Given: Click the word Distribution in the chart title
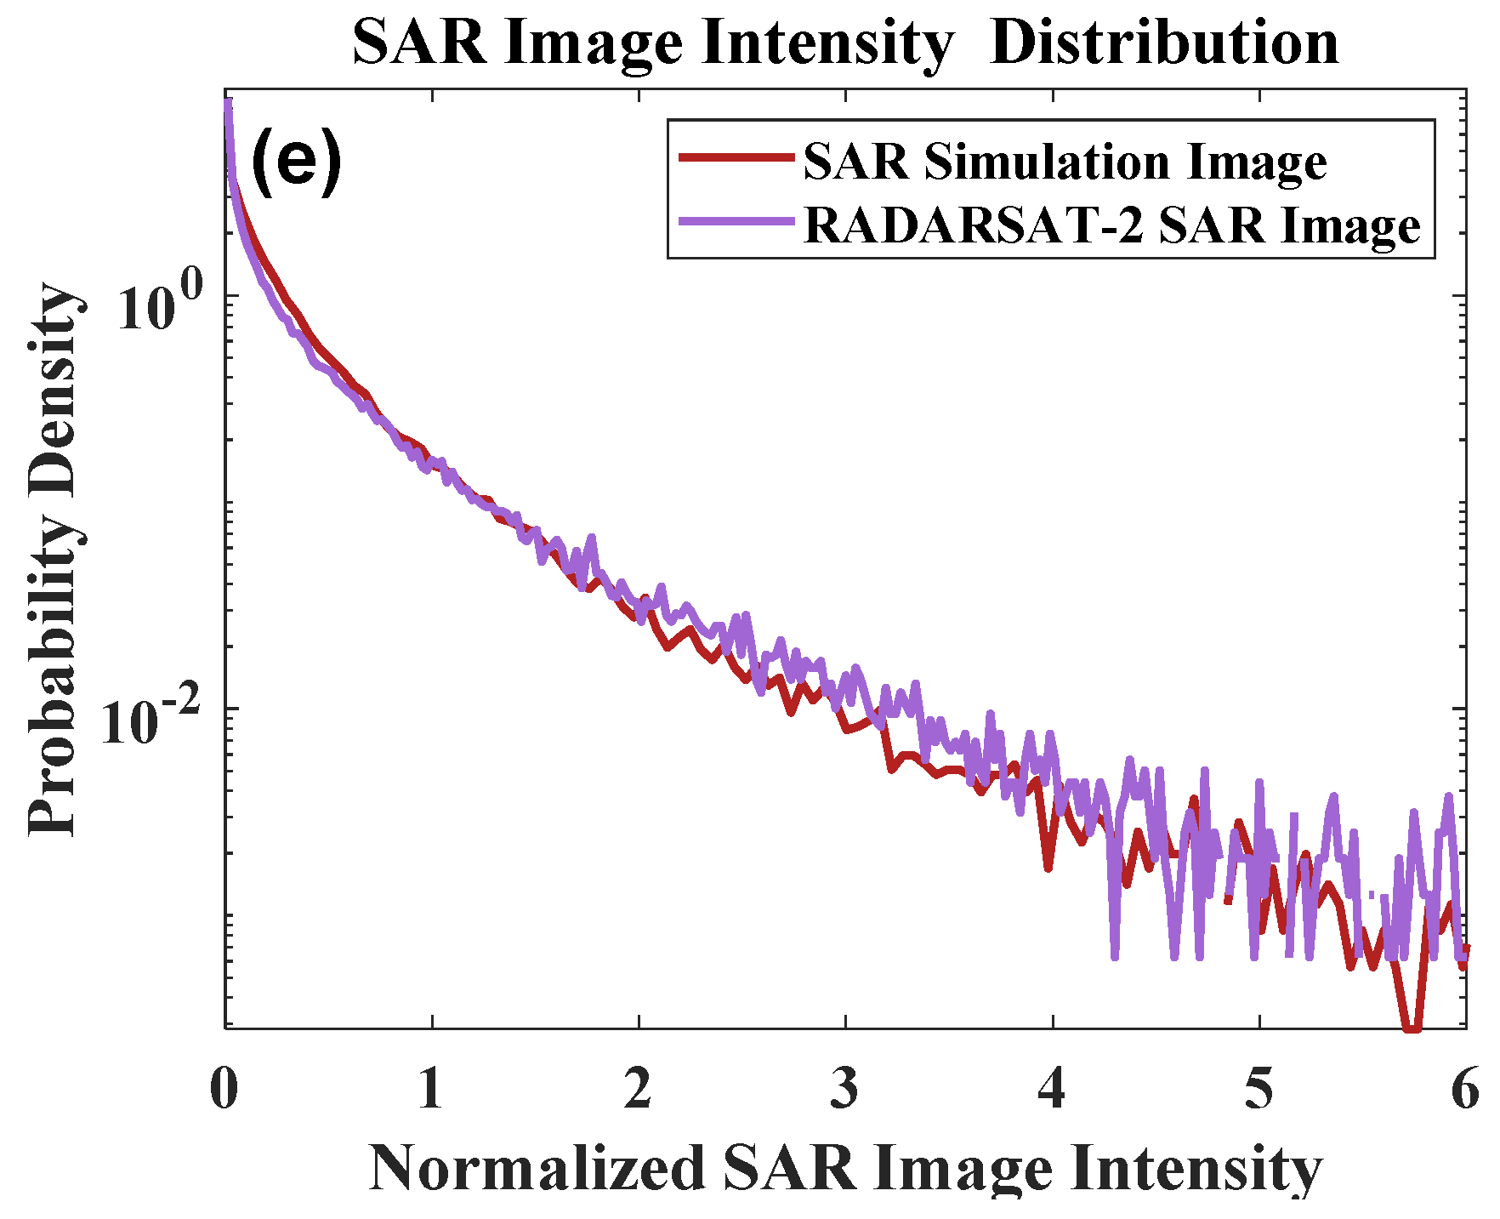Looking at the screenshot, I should [x=1164, y=43].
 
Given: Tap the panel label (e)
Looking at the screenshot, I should [x=297, y=162].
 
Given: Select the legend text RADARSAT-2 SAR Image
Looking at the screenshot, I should [x=1111, y=225].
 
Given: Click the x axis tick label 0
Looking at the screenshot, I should [x=224, y=1089].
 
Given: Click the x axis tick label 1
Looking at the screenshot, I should [x=431, y=1089].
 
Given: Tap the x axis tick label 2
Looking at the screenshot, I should [x=638, y=1089].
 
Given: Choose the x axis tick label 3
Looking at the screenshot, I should [x=845, y=1089].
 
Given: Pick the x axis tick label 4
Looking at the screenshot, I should [x=1052, y=1089].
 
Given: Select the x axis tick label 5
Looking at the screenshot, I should [x=1259, y=1089].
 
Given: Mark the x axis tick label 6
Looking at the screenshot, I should [x=1464, y=1089].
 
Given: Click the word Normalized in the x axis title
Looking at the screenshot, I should [x=537, y=1169].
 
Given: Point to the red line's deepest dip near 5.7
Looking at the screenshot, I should [x=1412, y=1027].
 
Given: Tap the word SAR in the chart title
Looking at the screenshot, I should [x=420, y=43].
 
